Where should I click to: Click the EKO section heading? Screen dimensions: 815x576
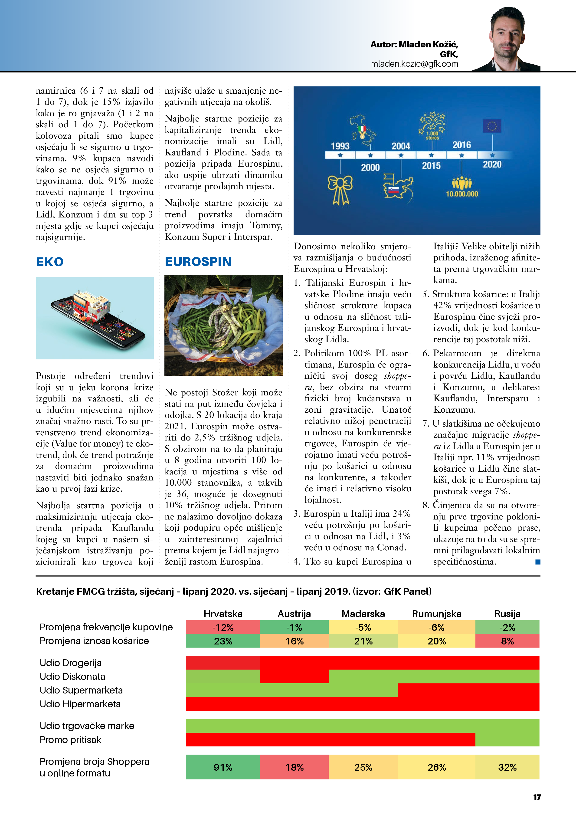[50, 262]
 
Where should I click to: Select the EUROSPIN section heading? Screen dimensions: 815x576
[198, 262]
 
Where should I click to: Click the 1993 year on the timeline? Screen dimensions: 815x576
[340, 146]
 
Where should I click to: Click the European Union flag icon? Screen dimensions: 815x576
[492, 126]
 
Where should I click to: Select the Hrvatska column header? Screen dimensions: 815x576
[223, 614]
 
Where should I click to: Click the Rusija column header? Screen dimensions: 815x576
[507, 614]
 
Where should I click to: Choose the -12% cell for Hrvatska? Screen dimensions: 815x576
[223, 627]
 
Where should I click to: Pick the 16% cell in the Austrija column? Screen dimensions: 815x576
[295, 641]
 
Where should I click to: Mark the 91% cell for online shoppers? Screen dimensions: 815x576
[223, 767]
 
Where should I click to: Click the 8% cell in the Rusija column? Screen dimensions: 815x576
[507, 641]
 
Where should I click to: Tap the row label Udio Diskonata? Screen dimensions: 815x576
[72, 677]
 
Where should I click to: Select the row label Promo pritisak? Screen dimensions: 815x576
[70, 740]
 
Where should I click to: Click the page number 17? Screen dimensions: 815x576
[537, 798]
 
